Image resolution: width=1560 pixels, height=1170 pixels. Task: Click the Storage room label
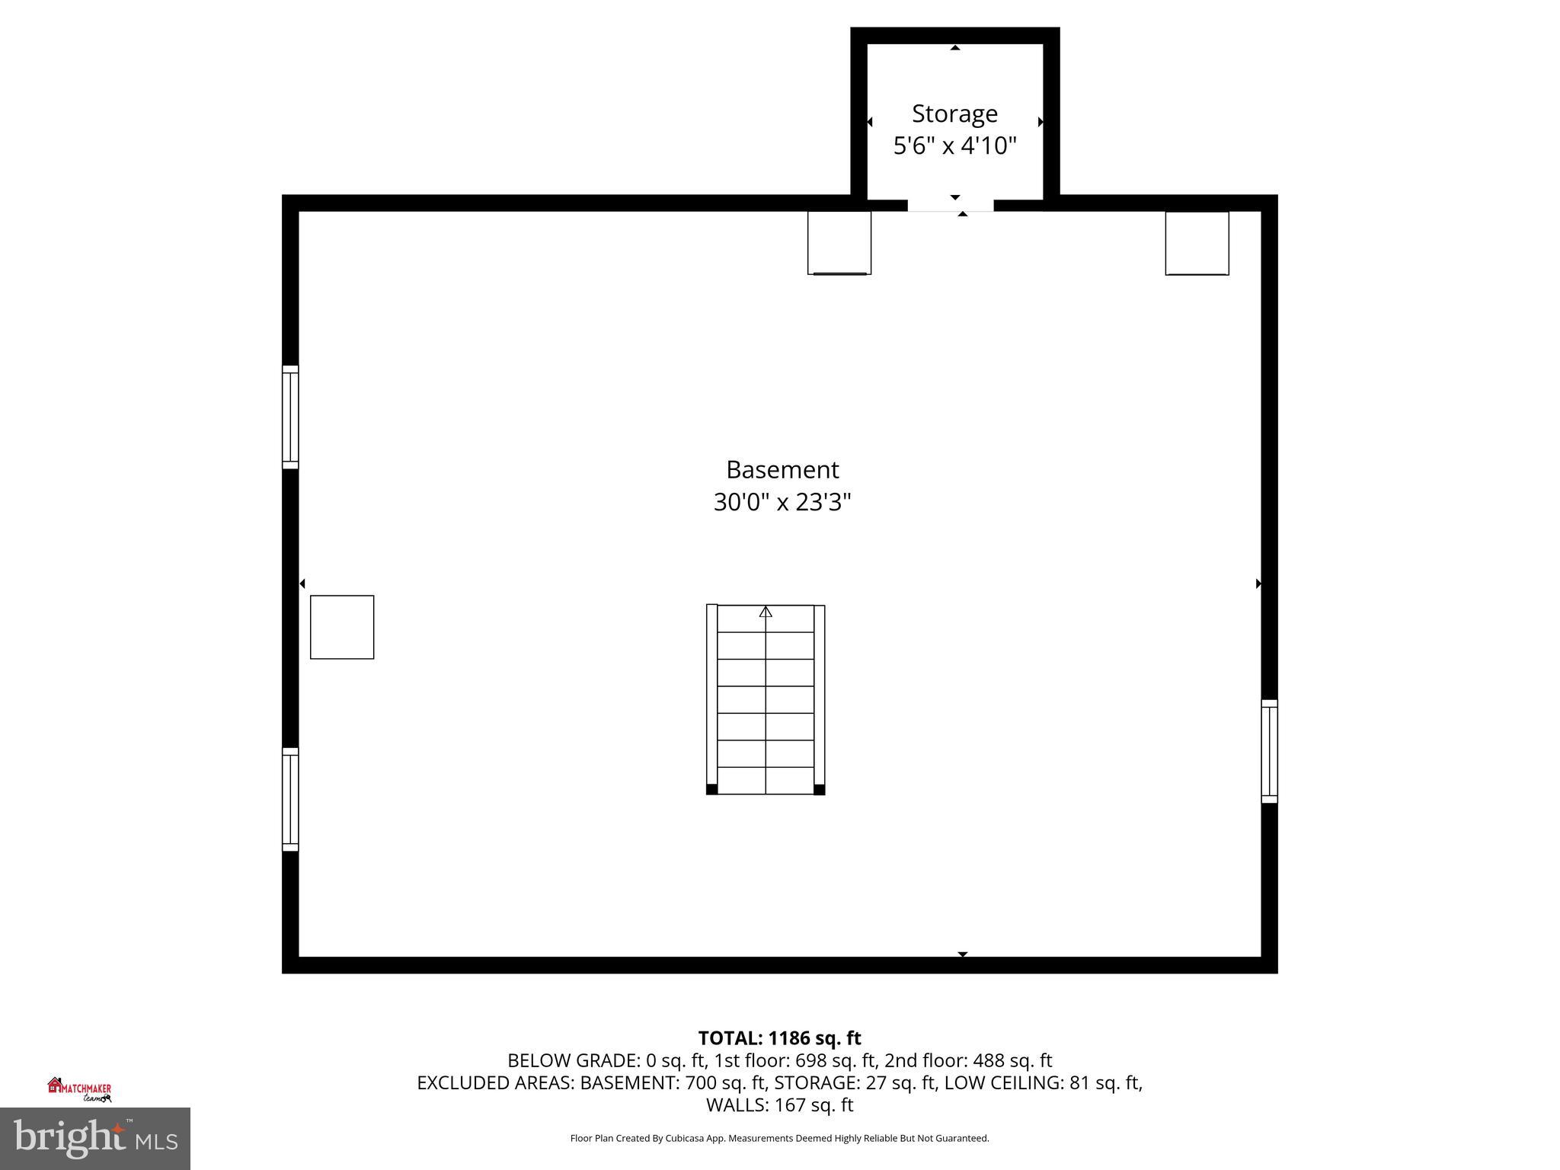coord(954,113)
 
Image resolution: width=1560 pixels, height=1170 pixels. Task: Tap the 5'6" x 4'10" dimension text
coord(954,145)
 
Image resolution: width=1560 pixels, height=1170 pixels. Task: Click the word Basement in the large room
coord(782,469)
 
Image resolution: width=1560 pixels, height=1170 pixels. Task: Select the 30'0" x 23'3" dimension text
coord(782,502)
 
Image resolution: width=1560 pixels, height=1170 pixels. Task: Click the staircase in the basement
coord(766,699)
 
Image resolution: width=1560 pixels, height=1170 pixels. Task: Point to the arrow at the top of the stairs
coord(766,612)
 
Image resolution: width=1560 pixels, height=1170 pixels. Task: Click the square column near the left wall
coord(342,627)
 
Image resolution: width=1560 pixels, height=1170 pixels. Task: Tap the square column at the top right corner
coord(1197,243)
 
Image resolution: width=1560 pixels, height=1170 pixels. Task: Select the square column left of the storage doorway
coord(839,243)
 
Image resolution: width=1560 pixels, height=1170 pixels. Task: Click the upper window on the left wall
coord(290,417)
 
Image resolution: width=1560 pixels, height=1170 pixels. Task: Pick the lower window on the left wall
coord(290,799)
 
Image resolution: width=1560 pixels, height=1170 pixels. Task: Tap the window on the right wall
coord(1269,751)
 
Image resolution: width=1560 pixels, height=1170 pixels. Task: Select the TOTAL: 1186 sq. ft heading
coord(779,1038)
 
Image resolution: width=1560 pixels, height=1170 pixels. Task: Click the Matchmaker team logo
coord(80,1089)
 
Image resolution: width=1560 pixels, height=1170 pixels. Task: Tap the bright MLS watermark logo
coord(95,1138)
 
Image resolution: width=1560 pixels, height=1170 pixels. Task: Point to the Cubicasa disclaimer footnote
coord(779,1138)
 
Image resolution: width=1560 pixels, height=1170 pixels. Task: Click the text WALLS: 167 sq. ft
coord(779,1104)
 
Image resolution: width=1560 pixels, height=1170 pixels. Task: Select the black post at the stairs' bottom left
coord(712,789)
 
